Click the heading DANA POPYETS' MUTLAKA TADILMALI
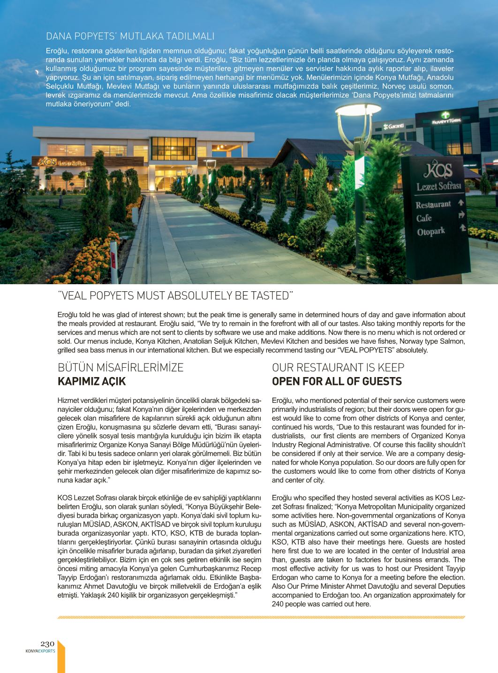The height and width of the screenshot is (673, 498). tap(130, 36)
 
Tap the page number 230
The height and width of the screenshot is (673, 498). tap(48, 643)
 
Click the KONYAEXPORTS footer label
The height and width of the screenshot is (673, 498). tap(40, 651)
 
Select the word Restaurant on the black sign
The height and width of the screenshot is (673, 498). tap(433, 205)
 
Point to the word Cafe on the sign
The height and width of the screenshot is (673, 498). tap(424, 218)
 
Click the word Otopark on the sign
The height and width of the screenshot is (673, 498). tap(430, 232)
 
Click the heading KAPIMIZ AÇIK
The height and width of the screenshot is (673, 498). tap(91, 381)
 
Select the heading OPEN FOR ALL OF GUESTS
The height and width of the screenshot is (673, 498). tap(337, 381)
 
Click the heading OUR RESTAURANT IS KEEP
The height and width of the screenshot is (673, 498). tap(338, 368)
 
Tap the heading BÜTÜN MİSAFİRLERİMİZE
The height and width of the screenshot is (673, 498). tap(121, 368)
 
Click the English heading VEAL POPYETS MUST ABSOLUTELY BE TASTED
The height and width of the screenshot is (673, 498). tap(175, 296)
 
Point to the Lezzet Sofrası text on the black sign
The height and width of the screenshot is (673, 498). tap(439, 187)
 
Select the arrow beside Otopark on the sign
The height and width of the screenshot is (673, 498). tap(462, 228)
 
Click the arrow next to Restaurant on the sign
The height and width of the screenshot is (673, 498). tap(461, 203)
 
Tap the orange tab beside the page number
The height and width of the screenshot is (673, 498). tap(60, 657)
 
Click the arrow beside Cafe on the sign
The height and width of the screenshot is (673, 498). tap(461, 215)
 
